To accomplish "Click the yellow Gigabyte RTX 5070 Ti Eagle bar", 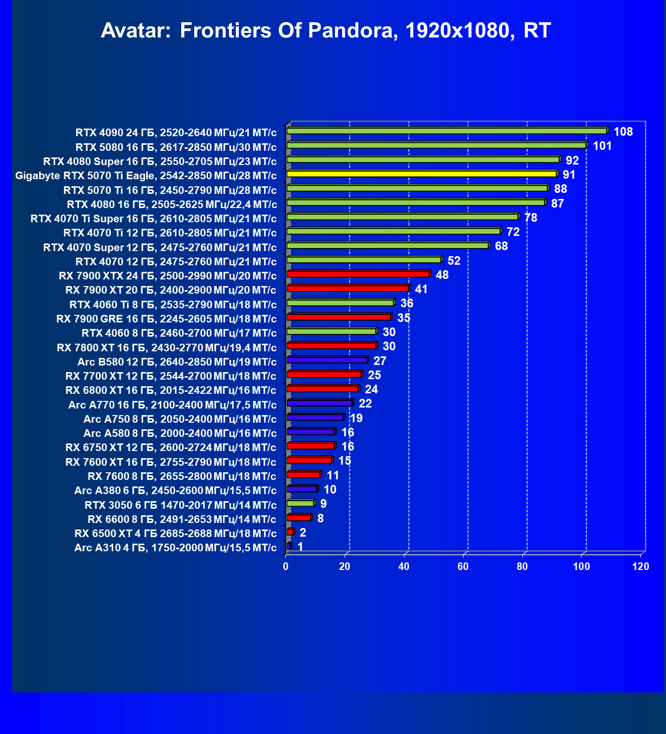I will pos(422,174).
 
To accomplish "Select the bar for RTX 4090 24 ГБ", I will pos(447,131).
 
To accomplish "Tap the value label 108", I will pos(623,132).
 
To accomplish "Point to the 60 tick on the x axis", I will pos(463,566).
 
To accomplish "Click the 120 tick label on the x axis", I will pos(641,566).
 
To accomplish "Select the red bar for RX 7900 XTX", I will pos(358,274).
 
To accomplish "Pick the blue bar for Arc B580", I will pos(327,360).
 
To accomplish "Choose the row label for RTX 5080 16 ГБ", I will pos(176,147).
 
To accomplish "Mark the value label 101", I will pos(602,146).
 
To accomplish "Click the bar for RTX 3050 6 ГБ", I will pos(301,503).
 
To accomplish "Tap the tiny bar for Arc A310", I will pos(289,546).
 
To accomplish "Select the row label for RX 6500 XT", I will pos(175,534).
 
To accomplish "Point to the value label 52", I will pos(454,261).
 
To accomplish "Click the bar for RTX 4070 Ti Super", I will pos(402,217).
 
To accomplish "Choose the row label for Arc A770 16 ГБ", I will pos(172,405).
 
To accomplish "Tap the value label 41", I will pos(421,289).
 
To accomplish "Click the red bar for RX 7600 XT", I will pos(309,460).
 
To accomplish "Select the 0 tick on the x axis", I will pos(286,566).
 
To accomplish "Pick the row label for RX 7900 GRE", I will pos(166,319).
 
